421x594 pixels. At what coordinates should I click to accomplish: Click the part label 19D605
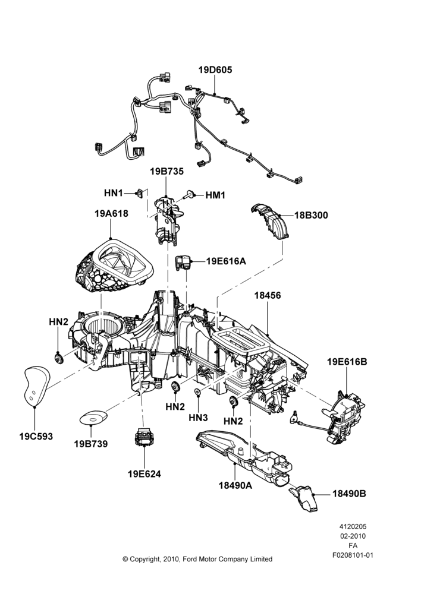pyautogui.click(x=215, y=69)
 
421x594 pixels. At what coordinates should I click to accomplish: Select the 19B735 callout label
pyautogui.click(x=166, y=171)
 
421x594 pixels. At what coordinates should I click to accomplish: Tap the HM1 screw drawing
pyautogui.click(x=190, y=195)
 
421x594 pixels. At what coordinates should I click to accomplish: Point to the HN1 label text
pyautogui.click(x=114, y=193)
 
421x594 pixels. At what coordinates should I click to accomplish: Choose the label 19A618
pyautogui.click(x=111, y=213)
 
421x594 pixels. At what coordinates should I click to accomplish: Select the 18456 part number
pyautogui.click(x=268, y=295)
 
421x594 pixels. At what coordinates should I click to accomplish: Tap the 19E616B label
pyautogui.click(x=347, y=362)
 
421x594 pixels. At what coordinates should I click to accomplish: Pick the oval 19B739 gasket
pyautogui.click(x=93, y=418)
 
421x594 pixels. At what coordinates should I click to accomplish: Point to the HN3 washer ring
pyautogui.click(x=197, y=392)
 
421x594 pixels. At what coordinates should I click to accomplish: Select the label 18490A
pyautogui.click(x=235, y=485)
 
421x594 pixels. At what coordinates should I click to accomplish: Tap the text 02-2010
pyautogui.click(x=353, y=536)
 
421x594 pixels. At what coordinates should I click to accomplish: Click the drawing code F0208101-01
pyautogui.click(x=353, y=555)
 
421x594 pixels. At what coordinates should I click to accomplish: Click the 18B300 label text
pyautogui.click(x=312, y=215)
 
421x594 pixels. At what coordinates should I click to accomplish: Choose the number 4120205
pyautogui.click(x=353, y=526)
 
